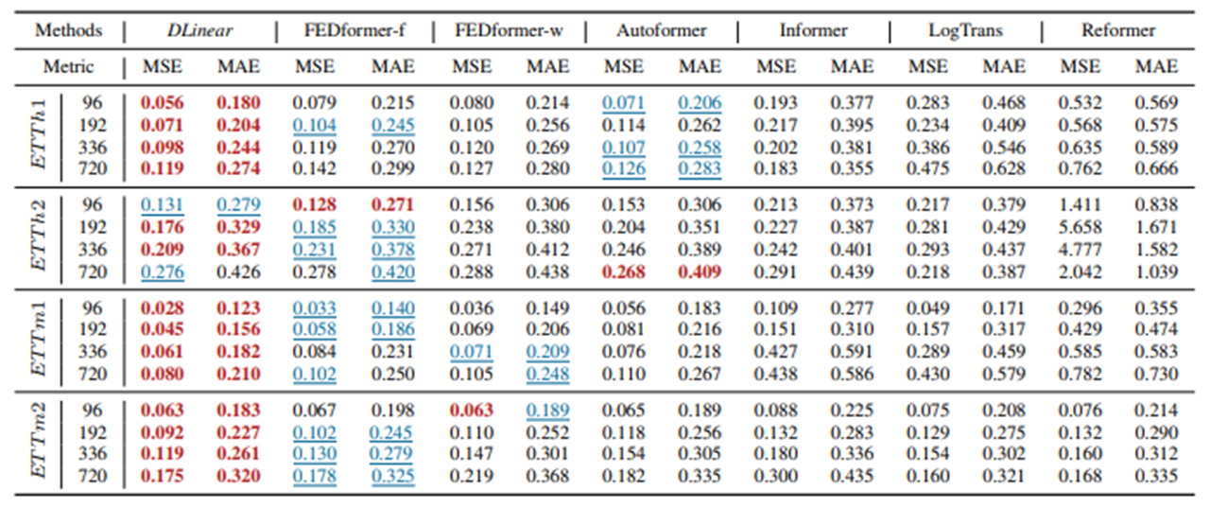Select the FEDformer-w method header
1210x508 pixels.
(x=507, y=30)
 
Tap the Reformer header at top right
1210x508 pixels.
(x=1118, y=30)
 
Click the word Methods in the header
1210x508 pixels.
(x=68, y=30)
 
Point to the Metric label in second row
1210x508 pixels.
(x=68, y=66)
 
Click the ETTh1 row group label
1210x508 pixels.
(x=39, y=135)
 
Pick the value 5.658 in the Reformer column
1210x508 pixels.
(x=1080, y=228)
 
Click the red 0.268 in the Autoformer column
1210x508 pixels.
(x=623, y=272)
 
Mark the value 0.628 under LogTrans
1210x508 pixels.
(x=1004, y=169)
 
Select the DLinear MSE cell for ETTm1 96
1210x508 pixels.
(x=163, y=308)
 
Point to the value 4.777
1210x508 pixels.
(x=1080, y=250)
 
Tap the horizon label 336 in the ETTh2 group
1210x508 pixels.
(x=93, y=250)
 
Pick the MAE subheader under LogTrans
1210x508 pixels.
(x=1004, y=66)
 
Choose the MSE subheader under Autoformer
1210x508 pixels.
(x=623, y=66)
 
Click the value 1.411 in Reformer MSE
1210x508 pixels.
(x=1080, y=205)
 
